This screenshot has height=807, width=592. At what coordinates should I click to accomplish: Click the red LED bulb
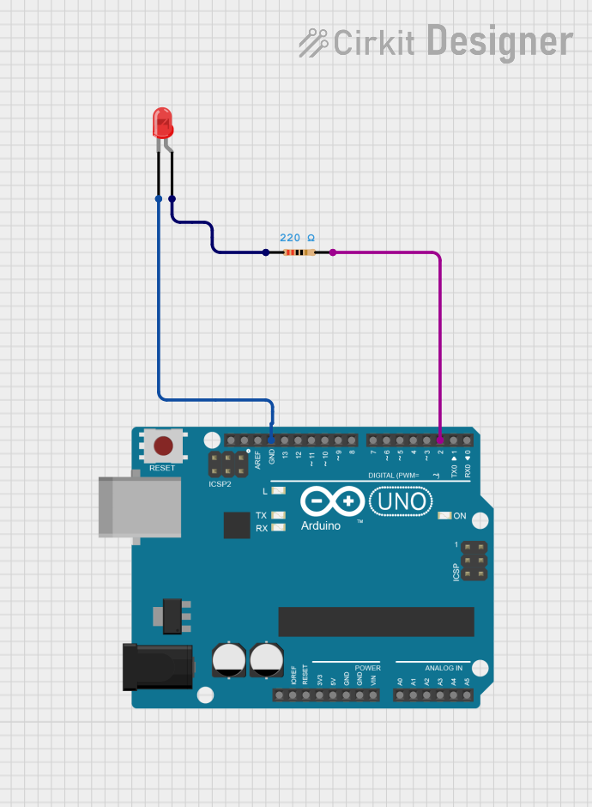pos(162,123)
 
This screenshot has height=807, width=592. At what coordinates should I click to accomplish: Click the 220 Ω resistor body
pos(299,252)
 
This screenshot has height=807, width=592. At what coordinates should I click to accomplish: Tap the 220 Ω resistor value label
pos(297,237)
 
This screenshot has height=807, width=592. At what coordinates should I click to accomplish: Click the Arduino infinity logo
pos(332,501)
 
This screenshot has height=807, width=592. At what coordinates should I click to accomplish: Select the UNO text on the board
pos(400,501)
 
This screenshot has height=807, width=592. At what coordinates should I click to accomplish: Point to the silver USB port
pos(139,506)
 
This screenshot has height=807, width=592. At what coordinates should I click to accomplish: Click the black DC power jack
pos(158,666)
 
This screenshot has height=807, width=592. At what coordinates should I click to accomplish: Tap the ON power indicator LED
pos(444,516)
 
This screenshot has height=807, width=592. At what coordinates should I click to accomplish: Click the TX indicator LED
pos(277,515)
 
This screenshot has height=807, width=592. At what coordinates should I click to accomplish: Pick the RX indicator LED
pos(277,528)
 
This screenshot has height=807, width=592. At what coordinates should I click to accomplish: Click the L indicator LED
pos(277,491)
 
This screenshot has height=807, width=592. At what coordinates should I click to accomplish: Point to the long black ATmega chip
pos(376,622)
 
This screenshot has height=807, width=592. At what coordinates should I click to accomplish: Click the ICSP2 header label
pos(220,484)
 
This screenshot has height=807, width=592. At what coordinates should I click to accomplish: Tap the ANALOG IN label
pos(443,667)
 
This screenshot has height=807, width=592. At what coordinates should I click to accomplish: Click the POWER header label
pos(367,667)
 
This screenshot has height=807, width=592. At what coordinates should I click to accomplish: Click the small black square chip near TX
pos(237,525)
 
